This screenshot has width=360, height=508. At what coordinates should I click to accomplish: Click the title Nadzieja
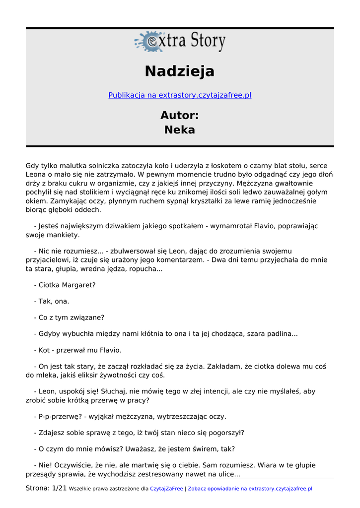[x=180, y=71]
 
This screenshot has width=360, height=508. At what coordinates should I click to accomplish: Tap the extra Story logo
[x=180, y=42]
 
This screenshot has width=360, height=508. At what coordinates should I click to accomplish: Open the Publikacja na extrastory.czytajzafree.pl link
[x=180, y=95]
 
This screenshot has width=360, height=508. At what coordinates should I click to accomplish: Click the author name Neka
[x=180, y=130]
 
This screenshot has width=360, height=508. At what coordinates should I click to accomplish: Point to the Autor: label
[x=180, y=116]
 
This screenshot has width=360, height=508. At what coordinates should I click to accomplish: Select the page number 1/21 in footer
[x=59, y=488]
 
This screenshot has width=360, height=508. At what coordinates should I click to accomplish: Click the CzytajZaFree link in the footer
[x=166, y=489]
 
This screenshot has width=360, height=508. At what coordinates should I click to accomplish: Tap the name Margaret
[x=79, y=285]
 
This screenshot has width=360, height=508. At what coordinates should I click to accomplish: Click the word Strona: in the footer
[x=38, y=488]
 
